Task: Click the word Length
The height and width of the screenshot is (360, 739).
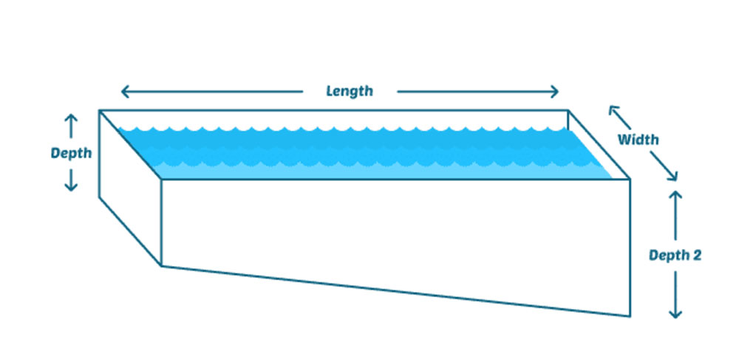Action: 350,91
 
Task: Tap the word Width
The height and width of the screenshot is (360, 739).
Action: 638,140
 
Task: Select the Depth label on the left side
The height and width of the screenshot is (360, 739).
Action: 71,153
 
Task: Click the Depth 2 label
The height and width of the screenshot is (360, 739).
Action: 675,255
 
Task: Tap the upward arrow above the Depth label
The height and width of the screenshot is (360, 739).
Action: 71,126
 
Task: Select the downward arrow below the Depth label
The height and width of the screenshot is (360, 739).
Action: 71,180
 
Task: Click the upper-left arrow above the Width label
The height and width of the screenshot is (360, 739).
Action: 619,117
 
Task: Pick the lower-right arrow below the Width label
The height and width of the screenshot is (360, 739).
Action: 664,166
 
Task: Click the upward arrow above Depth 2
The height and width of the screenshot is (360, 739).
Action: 675,215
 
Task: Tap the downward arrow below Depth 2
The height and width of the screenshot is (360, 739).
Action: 675,294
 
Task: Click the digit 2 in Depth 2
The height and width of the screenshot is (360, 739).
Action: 697,255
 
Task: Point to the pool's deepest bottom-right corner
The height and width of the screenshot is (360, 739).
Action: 630,316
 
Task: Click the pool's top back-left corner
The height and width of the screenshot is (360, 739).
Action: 100,110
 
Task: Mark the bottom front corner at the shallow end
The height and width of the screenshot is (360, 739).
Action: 162,266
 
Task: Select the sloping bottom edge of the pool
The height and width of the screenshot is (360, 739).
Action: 396,291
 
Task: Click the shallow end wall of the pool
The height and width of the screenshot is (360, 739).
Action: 130,189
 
